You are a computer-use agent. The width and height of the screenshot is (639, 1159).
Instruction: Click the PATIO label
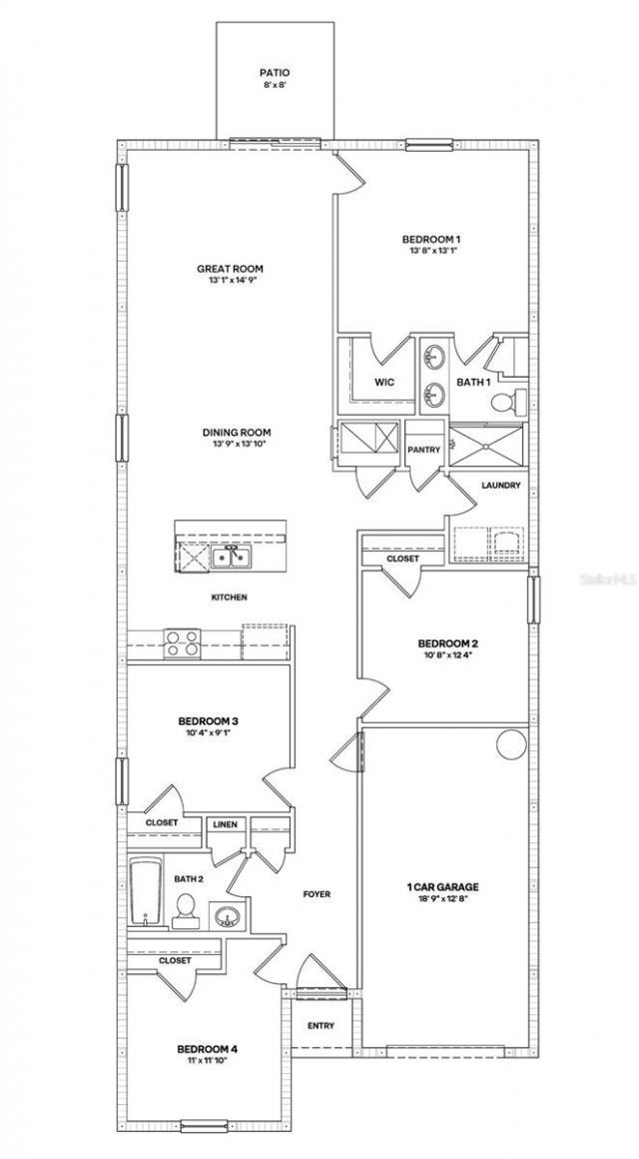274,73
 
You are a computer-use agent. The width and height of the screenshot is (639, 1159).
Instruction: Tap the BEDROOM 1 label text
431,239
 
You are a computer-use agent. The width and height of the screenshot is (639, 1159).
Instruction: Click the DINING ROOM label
237,433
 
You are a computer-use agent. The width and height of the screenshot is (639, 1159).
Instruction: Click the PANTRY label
424,451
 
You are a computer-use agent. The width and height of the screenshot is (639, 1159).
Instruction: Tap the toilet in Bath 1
507,403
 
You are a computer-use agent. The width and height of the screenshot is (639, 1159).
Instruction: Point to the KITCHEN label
229,597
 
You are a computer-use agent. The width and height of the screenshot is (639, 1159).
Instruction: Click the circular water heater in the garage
510,744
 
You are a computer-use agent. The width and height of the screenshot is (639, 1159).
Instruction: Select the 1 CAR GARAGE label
443,886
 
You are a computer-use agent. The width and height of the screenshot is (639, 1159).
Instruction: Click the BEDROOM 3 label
207,720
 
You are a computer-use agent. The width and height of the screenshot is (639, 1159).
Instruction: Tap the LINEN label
223,824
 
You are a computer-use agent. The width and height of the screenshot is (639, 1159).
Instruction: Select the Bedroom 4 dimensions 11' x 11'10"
207,1061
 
